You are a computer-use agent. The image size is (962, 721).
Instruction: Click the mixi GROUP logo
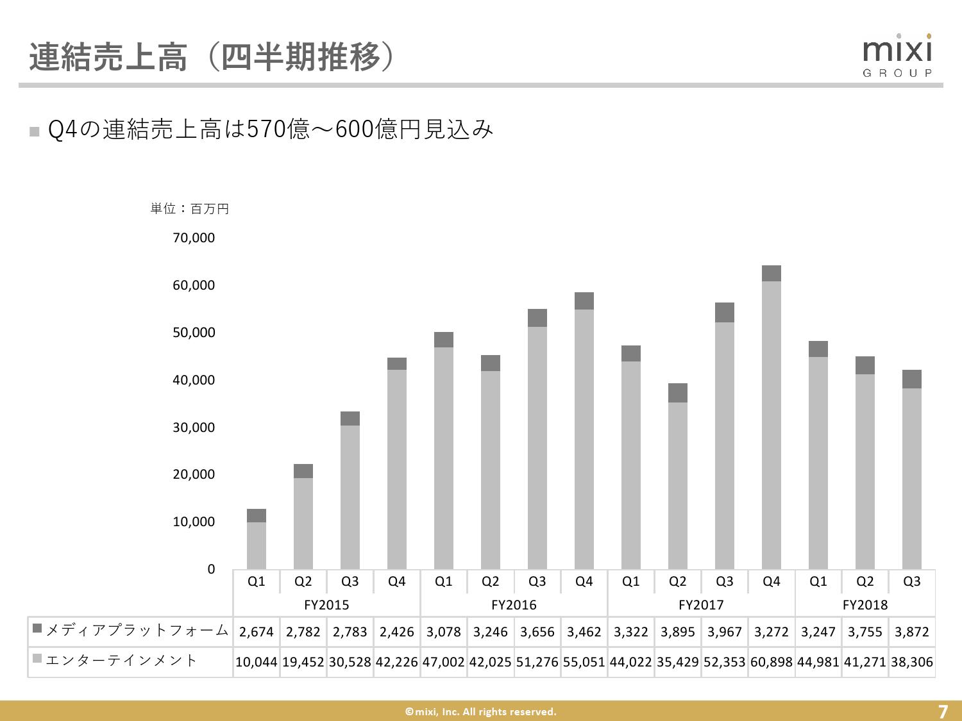coord(897,56)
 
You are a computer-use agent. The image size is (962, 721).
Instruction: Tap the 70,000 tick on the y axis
coord(193,238)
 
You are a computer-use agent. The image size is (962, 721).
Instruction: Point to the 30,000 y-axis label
coord(193,427)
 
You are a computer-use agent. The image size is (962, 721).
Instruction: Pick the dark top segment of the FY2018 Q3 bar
coord(911,379)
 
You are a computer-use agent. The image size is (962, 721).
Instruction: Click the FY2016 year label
coord(514,604)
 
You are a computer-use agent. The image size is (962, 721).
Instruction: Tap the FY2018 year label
coord(865,604)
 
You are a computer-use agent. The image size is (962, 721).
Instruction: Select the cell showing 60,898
coord(772,661)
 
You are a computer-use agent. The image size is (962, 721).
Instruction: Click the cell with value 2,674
coord(256,632)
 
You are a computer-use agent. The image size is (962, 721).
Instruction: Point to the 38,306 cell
coord(911,661)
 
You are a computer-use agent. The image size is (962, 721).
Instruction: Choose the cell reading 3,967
coord(724,632)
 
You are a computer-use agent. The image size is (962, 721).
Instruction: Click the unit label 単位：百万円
coord(190,209)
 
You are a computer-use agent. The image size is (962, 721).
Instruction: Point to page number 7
coord(942,711)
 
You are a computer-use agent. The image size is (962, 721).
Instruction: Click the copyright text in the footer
coord(480,711)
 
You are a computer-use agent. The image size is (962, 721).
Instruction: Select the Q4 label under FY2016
coord(584,581)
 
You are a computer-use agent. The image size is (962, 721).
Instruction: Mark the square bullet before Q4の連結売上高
coord(35,131)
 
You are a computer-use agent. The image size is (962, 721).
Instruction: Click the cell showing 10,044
coord(256,661)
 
